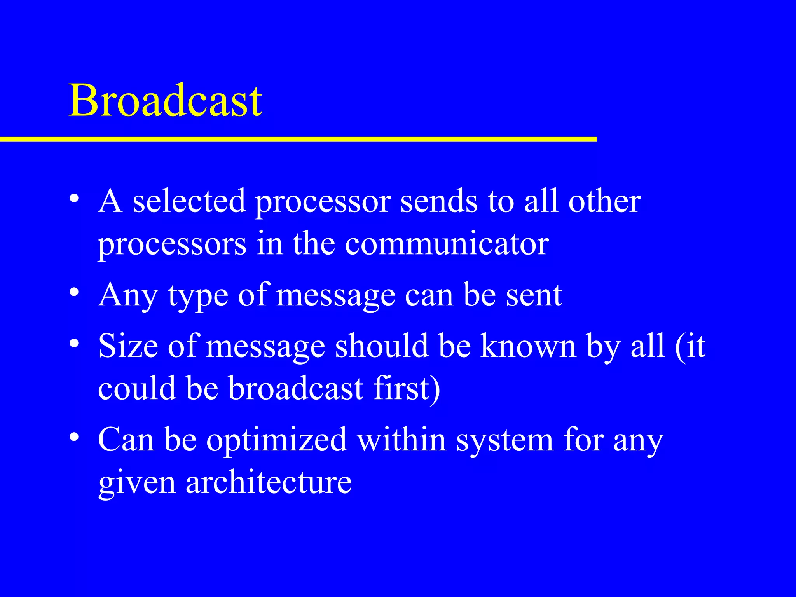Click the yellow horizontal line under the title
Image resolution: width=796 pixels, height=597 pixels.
[x=298, y=139]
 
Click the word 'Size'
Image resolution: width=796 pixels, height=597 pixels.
[x=128, y=346]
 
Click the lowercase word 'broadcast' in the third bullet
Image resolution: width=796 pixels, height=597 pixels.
[x=295, y=388]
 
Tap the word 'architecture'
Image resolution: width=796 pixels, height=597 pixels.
[x=269, y=482]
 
